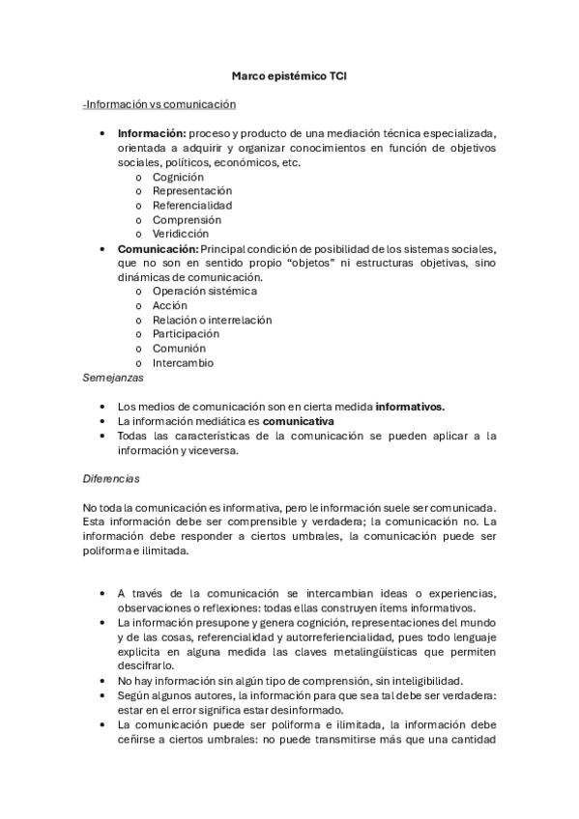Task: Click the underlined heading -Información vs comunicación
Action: pos(159,104)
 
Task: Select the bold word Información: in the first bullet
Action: pos(152,133)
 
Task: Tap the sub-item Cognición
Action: pos(178,177)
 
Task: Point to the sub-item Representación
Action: pos(192,191)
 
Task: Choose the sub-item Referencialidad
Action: pos(192,205)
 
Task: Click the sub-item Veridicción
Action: pos(181,234)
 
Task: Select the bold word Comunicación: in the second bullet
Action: pos(158,248)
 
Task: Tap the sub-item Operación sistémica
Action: pos(205,291)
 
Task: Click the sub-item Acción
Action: pos(170,305)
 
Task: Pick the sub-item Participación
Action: pos(186,334)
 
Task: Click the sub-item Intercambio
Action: pos(183,363)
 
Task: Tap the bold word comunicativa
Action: pos(299,421)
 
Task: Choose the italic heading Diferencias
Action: pos(112,478)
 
